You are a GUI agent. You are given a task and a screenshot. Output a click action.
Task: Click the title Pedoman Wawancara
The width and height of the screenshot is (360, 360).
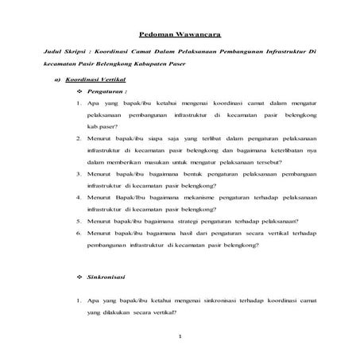click(x=180, y=35)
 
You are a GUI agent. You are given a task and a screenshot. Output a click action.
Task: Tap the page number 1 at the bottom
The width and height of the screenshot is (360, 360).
click(x=180, y=337)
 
